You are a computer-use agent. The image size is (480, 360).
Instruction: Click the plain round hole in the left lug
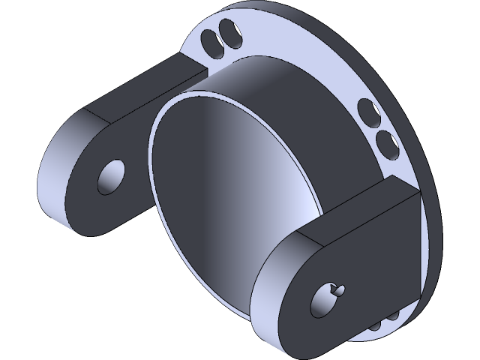[x=113, y=176]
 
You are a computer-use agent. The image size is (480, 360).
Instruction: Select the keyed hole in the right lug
[x=326, y=299]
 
